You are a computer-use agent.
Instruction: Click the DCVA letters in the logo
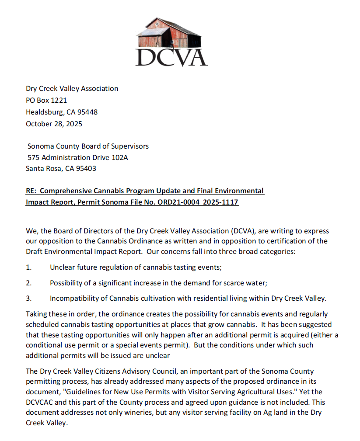pos(171,56)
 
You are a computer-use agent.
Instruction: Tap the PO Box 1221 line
pos(46,100)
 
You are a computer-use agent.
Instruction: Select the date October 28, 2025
pos(54,124)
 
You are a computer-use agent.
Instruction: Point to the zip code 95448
pos(87,112)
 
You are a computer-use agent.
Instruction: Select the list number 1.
pos(28,267)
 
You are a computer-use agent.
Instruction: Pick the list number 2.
pos(28,283)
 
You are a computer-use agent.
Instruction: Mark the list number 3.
pos(28,299)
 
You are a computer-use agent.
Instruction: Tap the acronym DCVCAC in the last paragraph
pos(42,402)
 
